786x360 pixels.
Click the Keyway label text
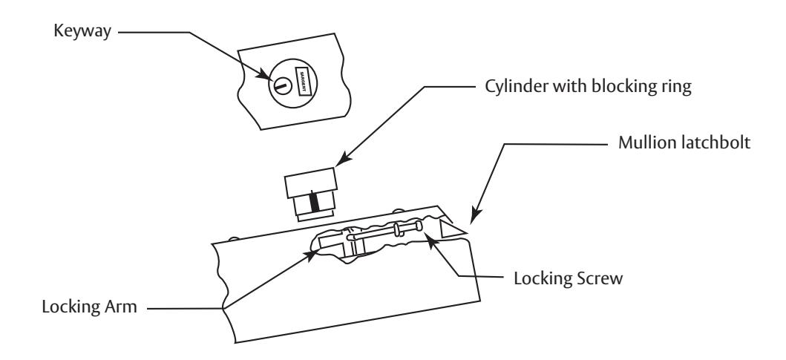click(x=82, y=32)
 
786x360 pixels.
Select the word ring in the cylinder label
click(x=676, y=88)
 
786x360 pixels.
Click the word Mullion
click(x=647, y=143)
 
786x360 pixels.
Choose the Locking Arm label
click(x=89, y=307)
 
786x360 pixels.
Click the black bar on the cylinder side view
click(x=315, y=201)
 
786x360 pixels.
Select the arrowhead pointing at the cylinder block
click(x=342, y=160)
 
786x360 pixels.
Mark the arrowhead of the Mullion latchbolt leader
click(x=474, y=215)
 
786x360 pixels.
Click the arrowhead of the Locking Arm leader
click(x=312, y=255)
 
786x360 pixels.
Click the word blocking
click(x=623, y=88)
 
